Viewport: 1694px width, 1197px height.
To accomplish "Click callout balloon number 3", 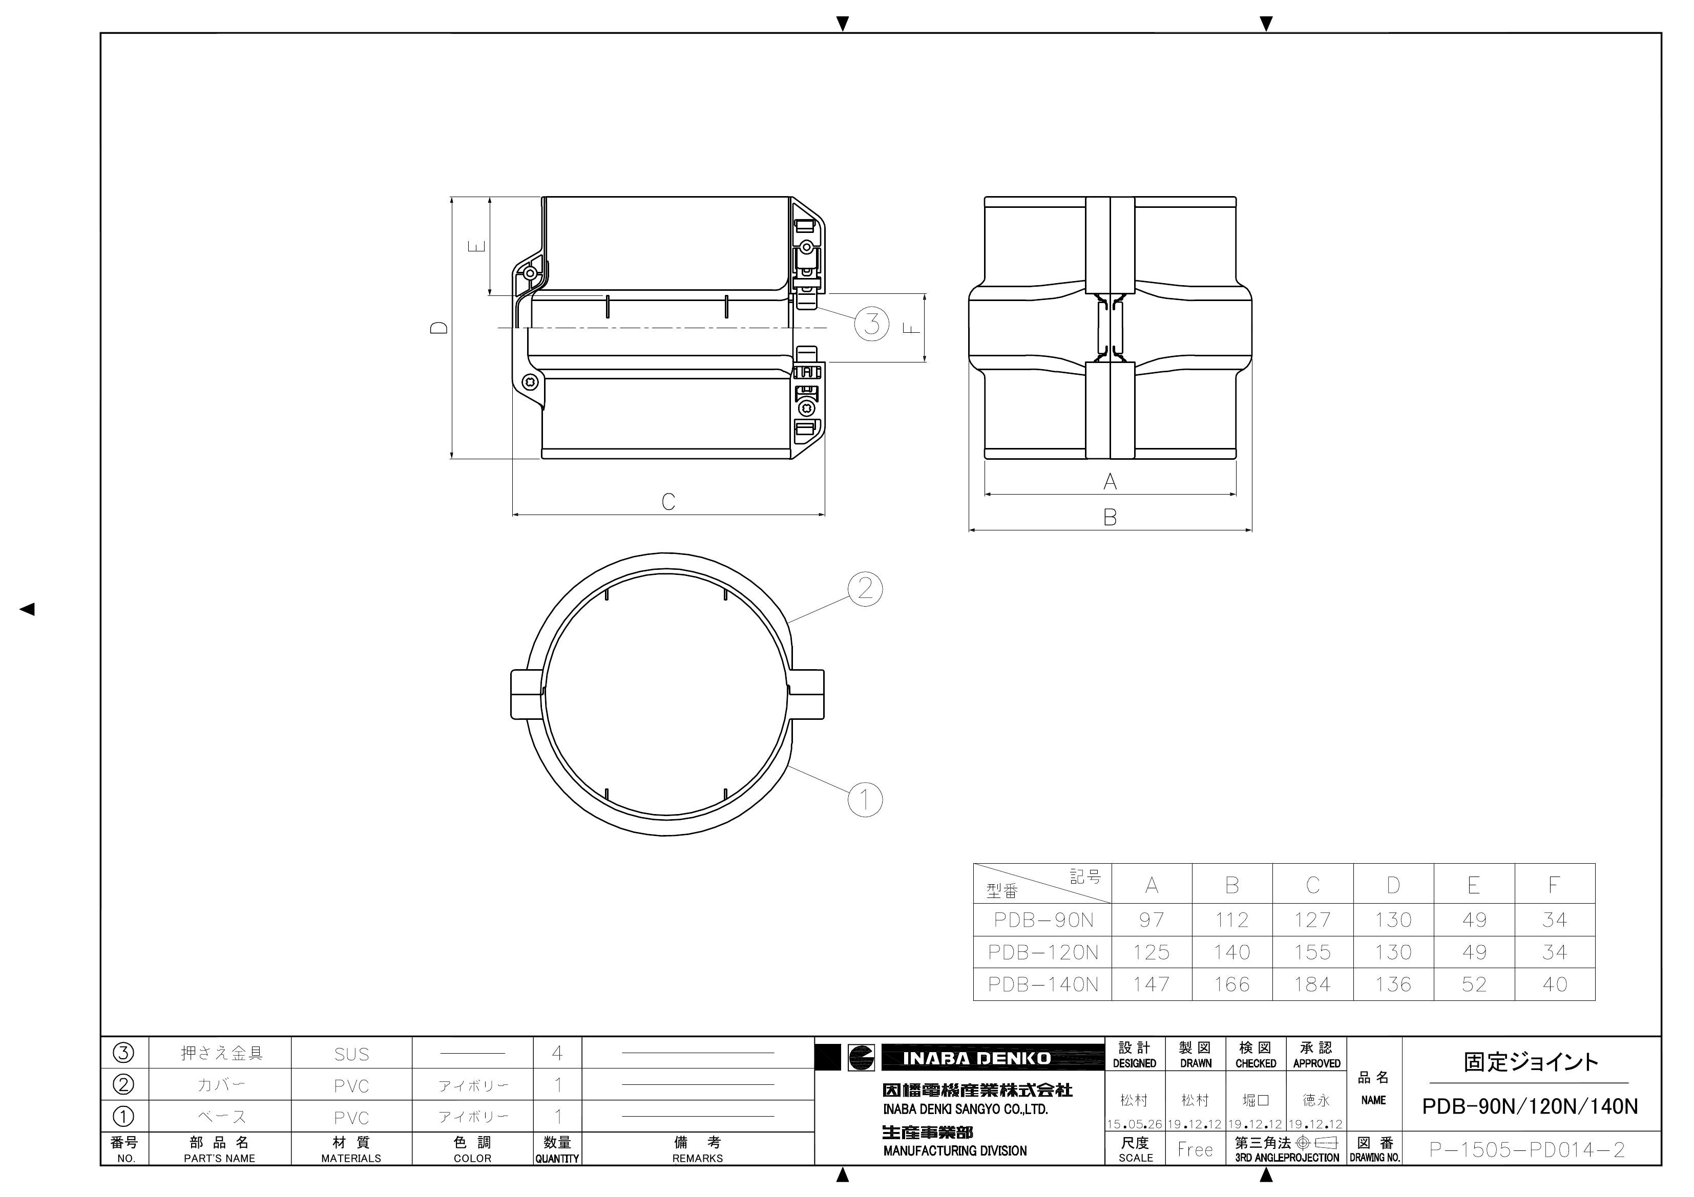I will point(871,323).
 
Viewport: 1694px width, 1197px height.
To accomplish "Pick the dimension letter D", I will point(440,328).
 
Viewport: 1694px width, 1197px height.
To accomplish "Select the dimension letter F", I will point(913,328).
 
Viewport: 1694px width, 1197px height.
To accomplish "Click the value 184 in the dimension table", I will point(1312,985).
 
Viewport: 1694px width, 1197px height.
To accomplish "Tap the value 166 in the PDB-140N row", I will point(1231,985).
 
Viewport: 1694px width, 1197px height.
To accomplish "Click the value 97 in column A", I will point(1151,920).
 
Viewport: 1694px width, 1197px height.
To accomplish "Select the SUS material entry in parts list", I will point(351,1054).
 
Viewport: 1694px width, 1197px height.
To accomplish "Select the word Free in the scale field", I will point(1195,1149).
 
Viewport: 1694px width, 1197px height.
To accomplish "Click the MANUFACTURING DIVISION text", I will point(955,1150).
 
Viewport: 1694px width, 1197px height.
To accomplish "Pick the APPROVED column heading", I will point(1316,1063).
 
